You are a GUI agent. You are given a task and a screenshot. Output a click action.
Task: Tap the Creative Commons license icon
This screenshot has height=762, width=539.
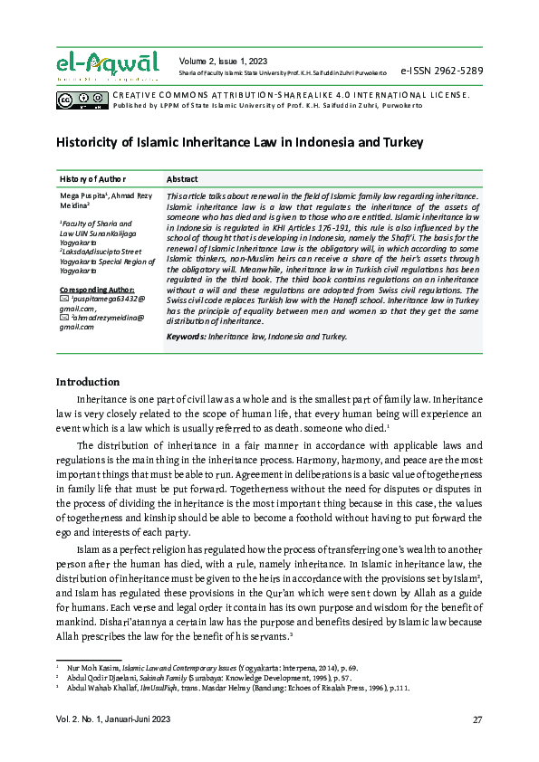pyautogui.click(x=82, y=98)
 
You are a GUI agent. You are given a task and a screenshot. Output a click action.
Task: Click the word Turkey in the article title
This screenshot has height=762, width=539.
pyautogui.click(x=399, y=143)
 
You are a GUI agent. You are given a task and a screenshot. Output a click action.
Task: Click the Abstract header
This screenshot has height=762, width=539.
pyautogui.click(x=183, y=179)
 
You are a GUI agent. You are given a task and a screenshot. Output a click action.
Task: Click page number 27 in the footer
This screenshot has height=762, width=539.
pyautogui.click(x=476, y=719)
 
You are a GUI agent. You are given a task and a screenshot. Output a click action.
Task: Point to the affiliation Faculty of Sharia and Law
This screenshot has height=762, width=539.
pyautogui.click(x=95, y=227)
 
